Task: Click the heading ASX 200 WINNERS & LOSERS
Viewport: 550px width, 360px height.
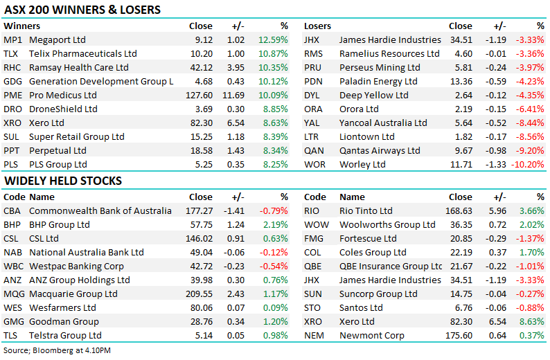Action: [x=82, y=10]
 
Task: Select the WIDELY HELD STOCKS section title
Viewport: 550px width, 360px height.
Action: [x=63, y=181]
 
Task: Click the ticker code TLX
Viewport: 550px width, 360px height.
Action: [x=12, y=53]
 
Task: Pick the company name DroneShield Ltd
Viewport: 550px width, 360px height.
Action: [x=63, y=109]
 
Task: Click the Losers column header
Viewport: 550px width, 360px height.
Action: [x=318, y=26]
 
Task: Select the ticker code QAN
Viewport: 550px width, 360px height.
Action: [x=314, y=150]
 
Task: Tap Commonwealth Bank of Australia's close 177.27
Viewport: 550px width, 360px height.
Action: [x=198, y=210]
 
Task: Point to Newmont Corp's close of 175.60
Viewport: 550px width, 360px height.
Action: [x=458, y=335]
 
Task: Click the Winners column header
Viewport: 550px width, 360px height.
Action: [x=21, y=26]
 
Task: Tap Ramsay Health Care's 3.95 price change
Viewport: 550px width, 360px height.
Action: [x=236, y=67]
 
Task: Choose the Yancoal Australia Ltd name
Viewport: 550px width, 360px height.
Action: [x=383, y=123]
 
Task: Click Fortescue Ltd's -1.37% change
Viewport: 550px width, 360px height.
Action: [x=530, y=238]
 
